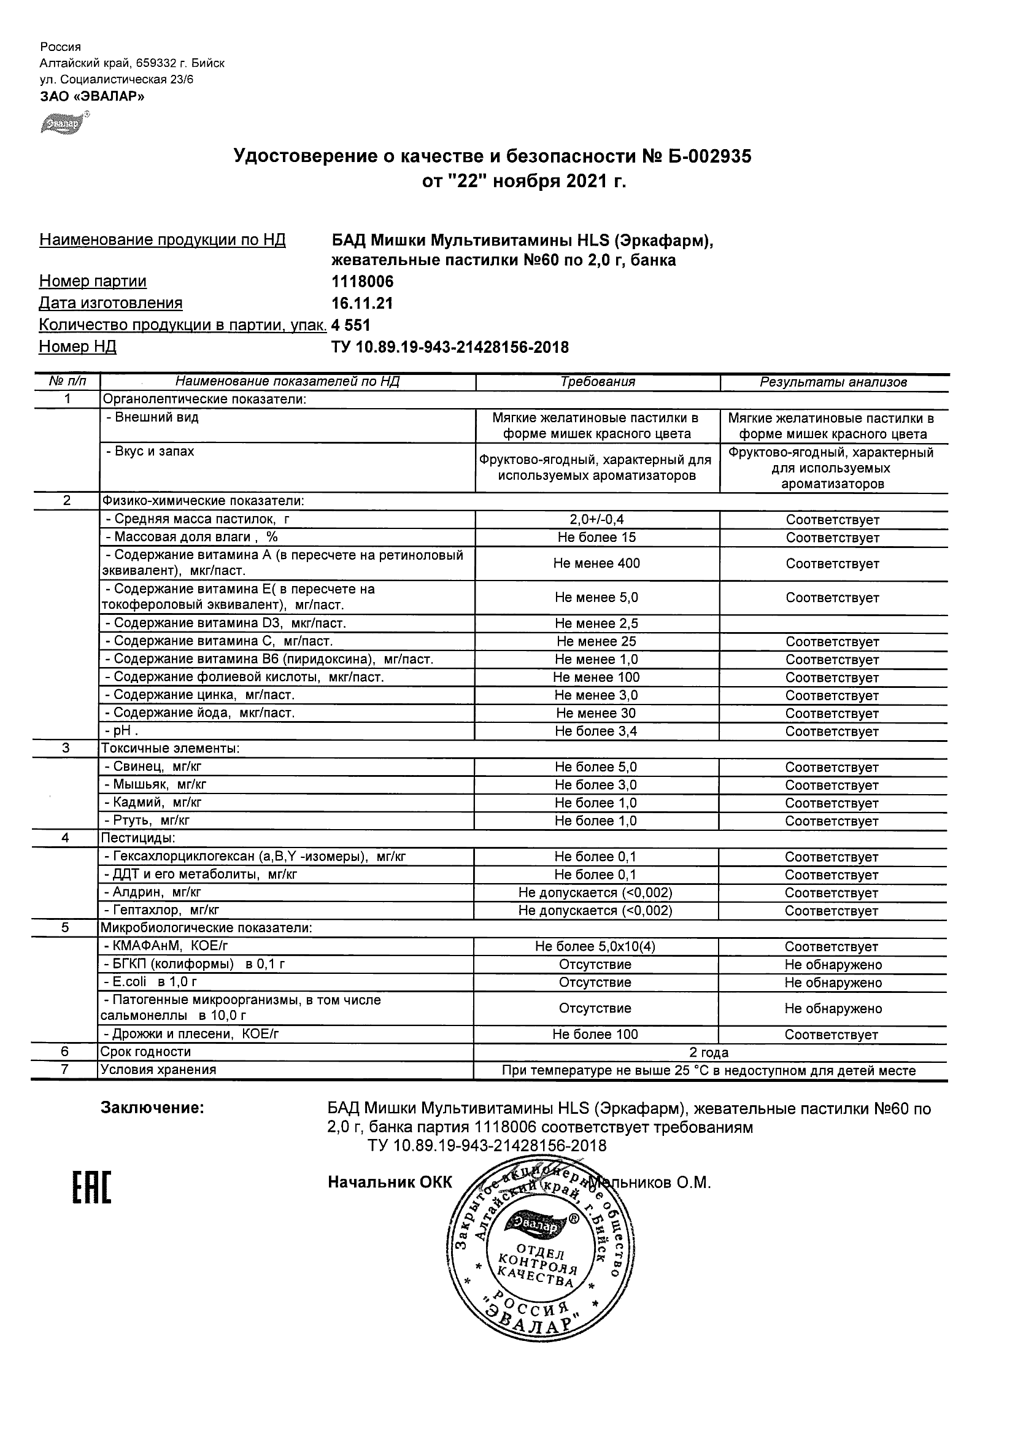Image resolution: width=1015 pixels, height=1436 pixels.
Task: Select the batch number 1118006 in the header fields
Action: (363, 282)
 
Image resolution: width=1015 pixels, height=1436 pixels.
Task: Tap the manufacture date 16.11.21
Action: (362, 303)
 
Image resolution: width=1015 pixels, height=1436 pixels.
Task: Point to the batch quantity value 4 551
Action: (351, 325)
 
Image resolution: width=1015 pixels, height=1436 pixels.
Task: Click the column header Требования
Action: (597, 382)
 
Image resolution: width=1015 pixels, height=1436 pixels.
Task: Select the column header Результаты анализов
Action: (833, 382)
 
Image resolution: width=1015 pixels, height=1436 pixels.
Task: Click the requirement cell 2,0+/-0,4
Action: (596, 519)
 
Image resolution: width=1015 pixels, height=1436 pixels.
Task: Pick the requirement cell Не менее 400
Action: (596, 563)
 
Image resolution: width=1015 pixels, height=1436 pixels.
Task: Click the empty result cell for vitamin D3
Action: (833, 623)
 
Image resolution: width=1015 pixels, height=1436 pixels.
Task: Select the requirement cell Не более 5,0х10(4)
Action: (595, 946)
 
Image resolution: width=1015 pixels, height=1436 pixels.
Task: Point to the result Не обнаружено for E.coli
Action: (833, 982)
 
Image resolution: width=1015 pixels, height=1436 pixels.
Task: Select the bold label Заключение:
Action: (153, 1108)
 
